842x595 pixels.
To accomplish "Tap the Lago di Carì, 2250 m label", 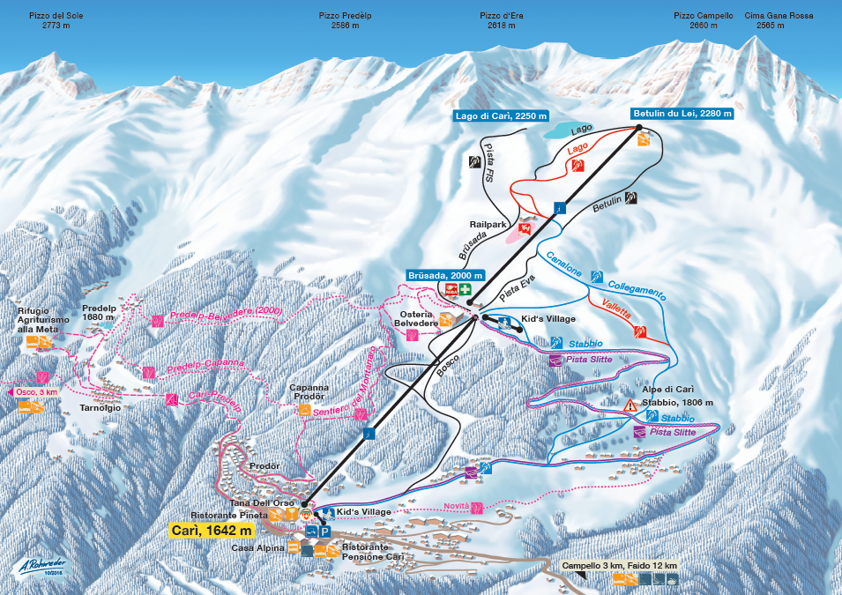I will coord(501,115).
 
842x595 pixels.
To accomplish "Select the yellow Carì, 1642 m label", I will coord(212,530).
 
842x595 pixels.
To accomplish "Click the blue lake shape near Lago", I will coord(568,129).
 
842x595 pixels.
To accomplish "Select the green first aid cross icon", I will coord(465,289).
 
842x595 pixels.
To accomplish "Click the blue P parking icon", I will coord(324,532).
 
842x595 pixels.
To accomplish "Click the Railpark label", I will coord(488,224).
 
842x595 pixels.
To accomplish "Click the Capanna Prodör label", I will coord(309,391).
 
